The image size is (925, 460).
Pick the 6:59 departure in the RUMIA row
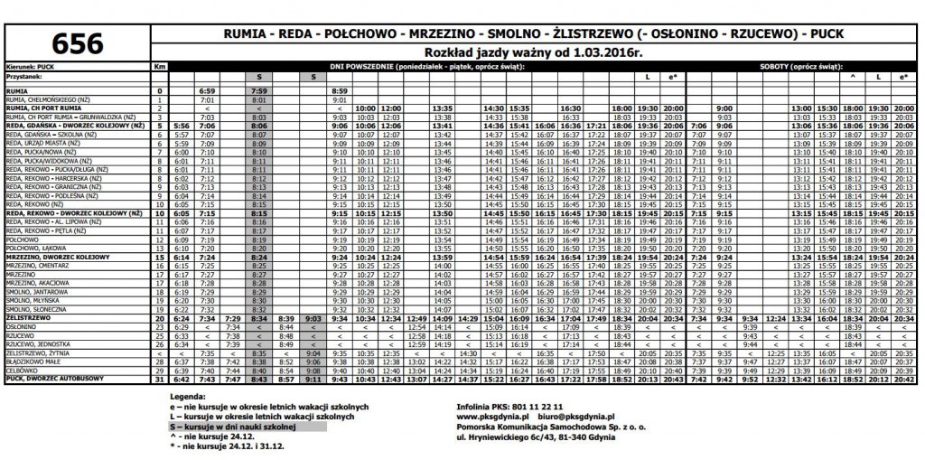208,92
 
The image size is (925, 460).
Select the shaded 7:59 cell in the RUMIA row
259,92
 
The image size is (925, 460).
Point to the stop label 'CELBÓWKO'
23,371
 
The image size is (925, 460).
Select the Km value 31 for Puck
160,379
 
